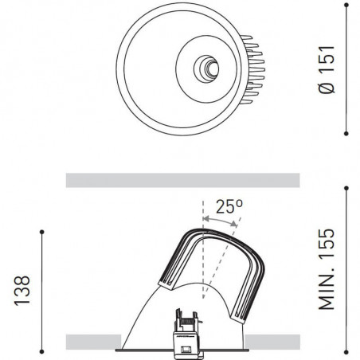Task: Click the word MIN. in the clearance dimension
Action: pyautogui.click(x=328, y=289)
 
